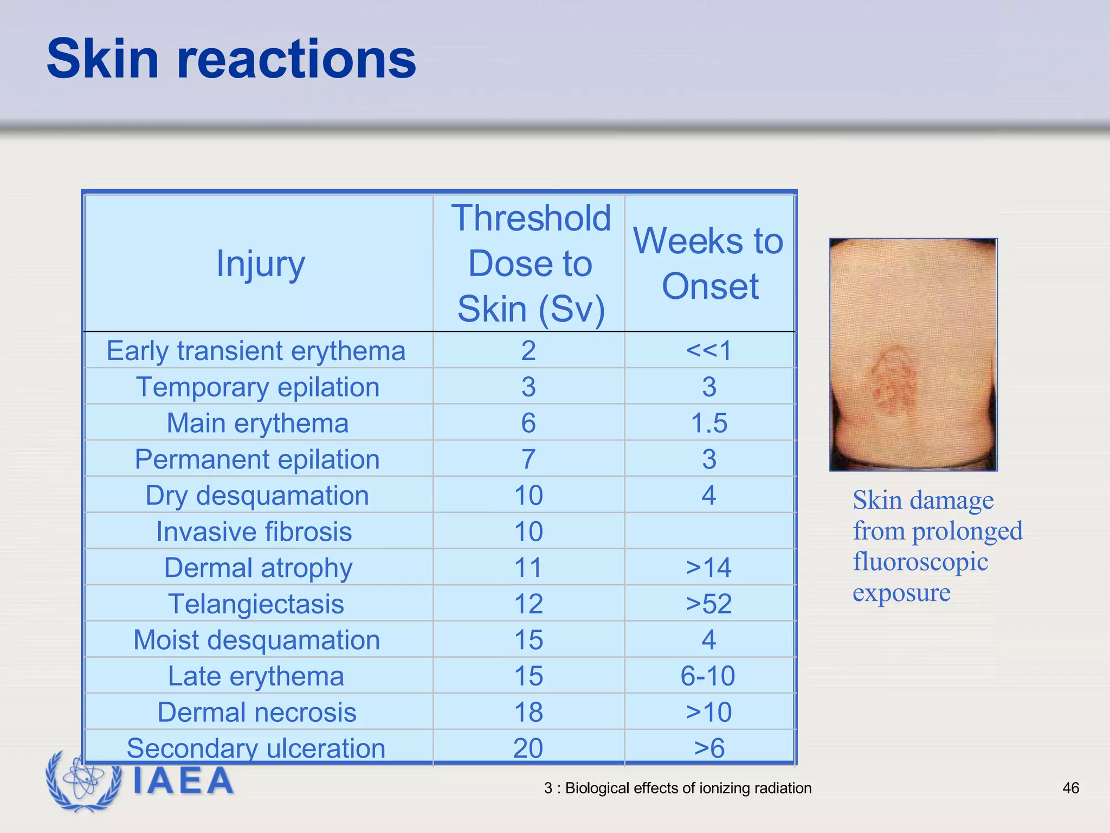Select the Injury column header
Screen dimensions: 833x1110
[261, 264]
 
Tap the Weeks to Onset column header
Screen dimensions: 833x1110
[709, 264]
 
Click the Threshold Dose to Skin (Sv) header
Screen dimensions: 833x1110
[530, 264]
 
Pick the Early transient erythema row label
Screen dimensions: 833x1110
[256, 351]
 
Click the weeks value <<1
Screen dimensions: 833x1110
[709, 350]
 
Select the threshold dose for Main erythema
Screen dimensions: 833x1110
[528, 423]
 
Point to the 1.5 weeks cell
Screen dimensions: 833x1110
[709, 423]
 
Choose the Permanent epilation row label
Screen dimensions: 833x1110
[257, 459]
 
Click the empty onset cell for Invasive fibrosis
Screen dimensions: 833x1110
[709, 531]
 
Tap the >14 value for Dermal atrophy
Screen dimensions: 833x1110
[709, 568]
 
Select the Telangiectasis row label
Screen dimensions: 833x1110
[256, 604]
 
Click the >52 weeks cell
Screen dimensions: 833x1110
[709, 604]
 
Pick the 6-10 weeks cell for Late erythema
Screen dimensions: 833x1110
[708, 676]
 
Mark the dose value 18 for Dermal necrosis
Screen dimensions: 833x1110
[528, 712]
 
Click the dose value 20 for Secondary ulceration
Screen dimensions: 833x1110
[528, 748]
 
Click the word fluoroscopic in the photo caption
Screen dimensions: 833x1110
[920, 561]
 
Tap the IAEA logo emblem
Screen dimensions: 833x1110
[84, 781]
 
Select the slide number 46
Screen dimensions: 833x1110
[1070, 788]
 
